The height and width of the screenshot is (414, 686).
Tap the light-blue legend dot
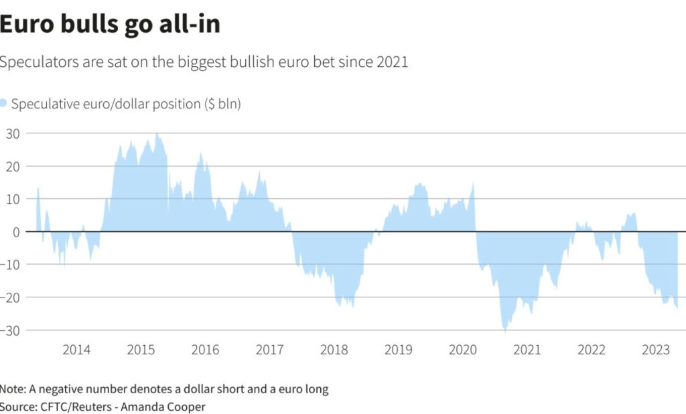coord(3,103)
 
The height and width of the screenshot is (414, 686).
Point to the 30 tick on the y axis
coord(13,133)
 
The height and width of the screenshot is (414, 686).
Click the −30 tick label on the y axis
coord(11,330)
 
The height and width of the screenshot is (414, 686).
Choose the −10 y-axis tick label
coord(11,265)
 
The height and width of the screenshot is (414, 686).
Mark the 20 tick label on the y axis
coord(13,166)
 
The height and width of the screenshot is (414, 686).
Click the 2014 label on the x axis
coord(76,350)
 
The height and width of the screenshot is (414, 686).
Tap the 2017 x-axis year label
coord(269,350)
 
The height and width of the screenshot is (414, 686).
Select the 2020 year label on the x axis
coord(462,350)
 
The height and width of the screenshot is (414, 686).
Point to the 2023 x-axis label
coord(655,350)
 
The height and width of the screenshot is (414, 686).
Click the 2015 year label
coord(141,350)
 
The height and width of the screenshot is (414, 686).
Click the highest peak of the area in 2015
coord(157,133)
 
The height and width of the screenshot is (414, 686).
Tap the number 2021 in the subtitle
coord(392,62)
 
